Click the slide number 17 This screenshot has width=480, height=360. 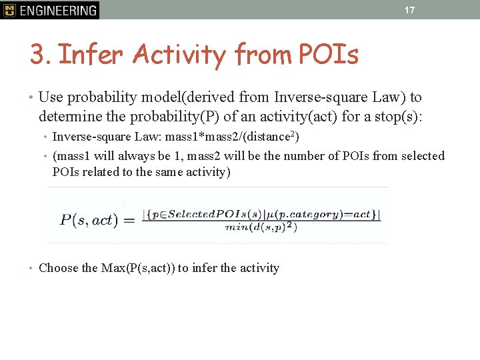coord(409,10)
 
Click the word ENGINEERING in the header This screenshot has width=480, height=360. coord(59,10)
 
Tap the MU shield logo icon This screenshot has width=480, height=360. coord(9,10)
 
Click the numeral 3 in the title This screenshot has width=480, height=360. coord(37,55)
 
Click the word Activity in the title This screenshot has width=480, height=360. coord(179,55)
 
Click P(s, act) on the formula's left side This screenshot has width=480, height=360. coord(89,219)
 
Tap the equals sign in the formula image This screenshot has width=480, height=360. coord(129,219)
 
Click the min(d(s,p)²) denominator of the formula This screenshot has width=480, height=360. coord(261,227)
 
